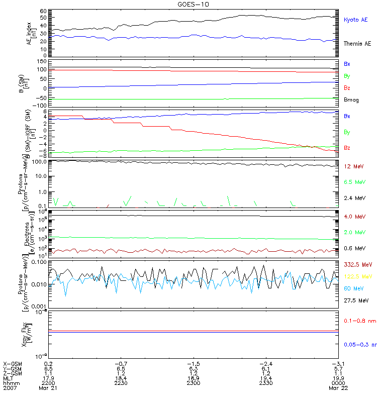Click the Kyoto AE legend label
click(x=356, y=20)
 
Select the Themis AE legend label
click(x=358, y=44)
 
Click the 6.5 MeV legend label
click(x=354, y=182)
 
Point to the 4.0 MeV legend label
click(x=354, y=217)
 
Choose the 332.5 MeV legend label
click(x=356, y=264)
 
